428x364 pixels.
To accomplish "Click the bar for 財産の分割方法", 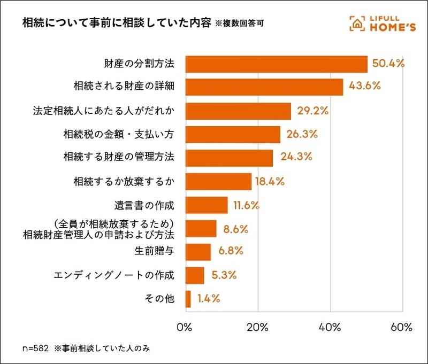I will click(x=276, y=64).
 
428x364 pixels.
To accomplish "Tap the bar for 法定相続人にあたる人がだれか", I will click(x=238, y=111).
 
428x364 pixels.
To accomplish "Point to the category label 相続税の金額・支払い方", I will click(x=119, y=135).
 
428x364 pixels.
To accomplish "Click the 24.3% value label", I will click(x=294, y=158).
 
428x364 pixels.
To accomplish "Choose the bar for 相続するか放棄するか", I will click(x=218, y=182).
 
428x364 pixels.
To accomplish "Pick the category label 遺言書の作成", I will click(x=144, y=205).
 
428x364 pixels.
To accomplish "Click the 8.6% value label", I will click(x=236, y=229).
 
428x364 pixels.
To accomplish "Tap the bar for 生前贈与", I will click(x=198, y=252).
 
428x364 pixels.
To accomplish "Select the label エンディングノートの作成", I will click(x=114, y=276).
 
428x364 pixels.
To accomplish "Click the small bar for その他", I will click(x=188, y=299).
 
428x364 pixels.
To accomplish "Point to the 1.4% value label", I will click(x=209, y=299).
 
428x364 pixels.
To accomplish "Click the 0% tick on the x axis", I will click(x=185, y=327).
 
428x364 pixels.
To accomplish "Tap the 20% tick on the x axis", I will click(x=258, y=327).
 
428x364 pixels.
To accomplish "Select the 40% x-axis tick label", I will click(x=330, y=327).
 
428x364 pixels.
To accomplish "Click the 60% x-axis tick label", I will click(x=402, y=327).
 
